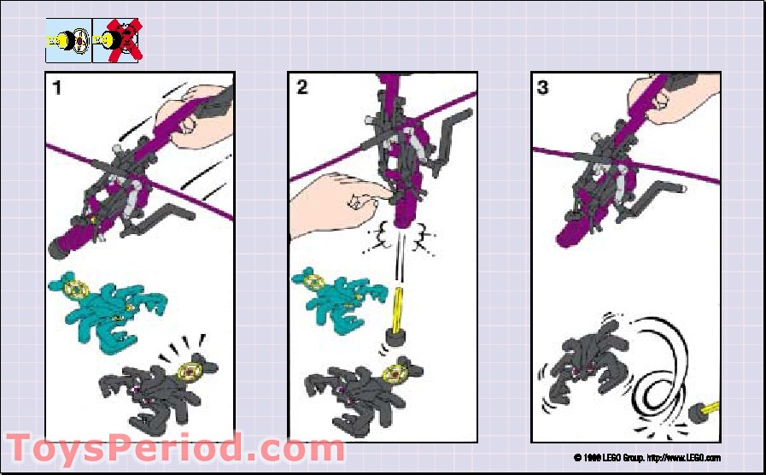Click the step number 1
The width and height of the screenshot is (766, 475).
pos(57,87)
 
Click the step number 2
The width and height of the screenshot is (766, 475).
pos(301,87)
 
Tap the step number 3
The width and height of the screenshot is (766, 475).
pos(544,87)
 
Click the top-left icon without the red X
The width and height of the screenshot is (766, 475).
pos(68,39)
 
